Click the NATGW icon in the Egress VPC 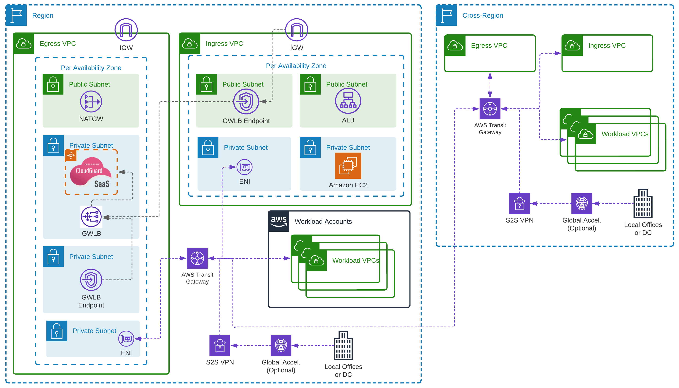pos(91,102)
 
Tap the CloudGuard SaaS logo pos(91,172)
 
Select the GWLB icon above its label pos(91,217)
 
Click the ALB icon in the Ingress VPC pos(348,101)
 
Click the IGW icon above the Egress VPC pos(126,30)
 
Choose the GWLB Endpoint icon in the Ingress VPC pos(246,102)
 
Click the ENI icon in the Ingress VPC pos(244,167)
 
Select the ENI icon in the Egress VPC pos(126,339)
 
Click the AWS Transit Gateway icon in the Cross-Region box pos(490,109)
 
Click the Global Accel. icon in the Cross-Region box pos(582,204)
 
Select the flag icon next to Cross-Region pos(446,15)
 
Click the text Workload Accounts pos(323,221)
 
